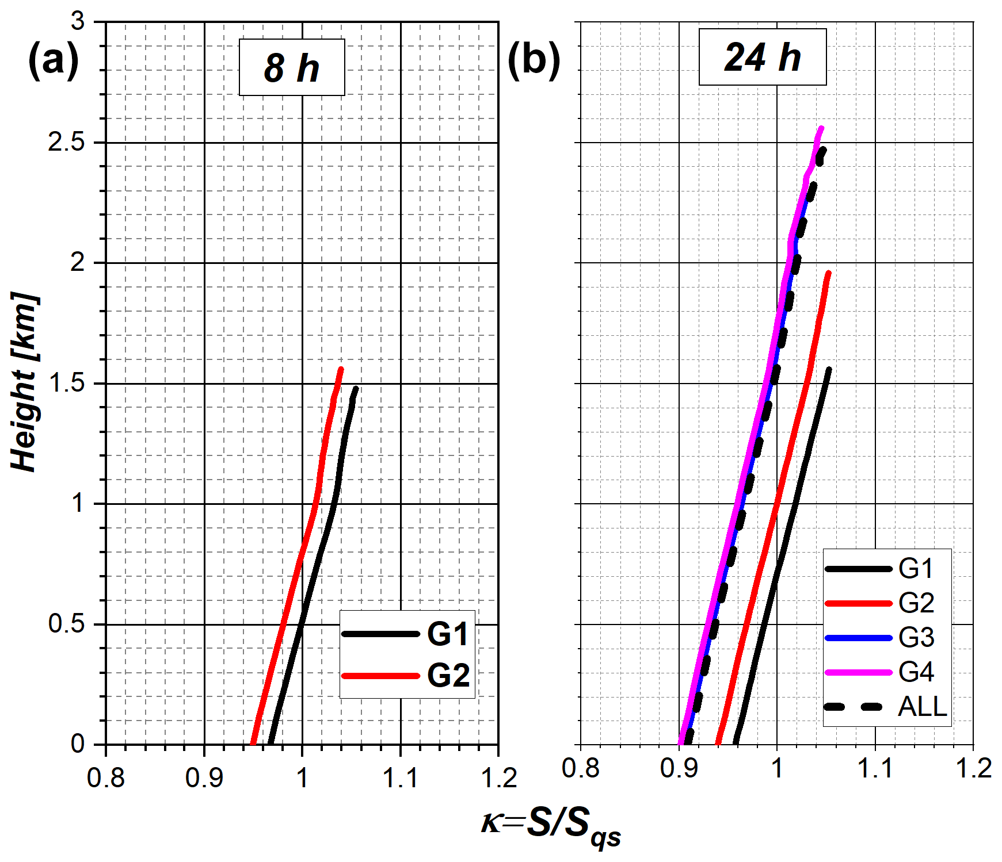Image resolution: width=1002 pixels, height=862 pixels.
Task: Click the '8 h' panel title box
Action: click(x=292, y=67)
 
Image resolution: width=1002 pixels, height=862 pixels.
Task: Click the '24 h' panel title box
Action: click(x=762, y=58)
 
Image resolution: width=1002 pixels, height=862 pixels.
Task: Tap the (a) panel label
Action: click(x=53, y=60)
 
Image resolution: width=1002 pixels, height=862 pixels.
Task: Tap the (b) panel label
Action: click(x=534, y=60)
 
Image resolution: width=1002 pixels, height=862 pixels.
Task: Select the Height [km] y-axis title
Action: click(x=24, y=382)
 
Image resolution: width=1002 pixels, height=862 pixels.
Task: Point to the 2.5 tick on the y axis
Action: click(x=66, y=142)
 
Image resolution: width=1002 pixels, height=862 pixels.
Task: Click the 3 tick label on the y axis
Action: click(x=78, y=22)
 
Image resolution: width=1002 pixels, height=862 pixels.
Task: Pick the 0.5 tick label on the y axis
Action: click(x=66, y=624)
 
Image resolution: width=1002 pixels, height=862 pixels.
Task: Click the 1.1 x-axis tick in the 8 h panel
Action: click(x=401, y=777)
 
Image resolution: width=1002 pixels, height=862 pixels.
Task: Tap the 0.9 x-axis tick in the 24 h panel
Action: click(x=679, y=768)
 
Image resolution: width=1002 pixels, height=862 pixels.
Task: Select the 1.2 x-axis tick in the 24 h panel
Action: click(x=973, y=768)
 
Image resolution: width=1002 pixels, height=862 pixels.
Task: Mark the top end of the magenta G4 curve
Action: click(x=821, y=128)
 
